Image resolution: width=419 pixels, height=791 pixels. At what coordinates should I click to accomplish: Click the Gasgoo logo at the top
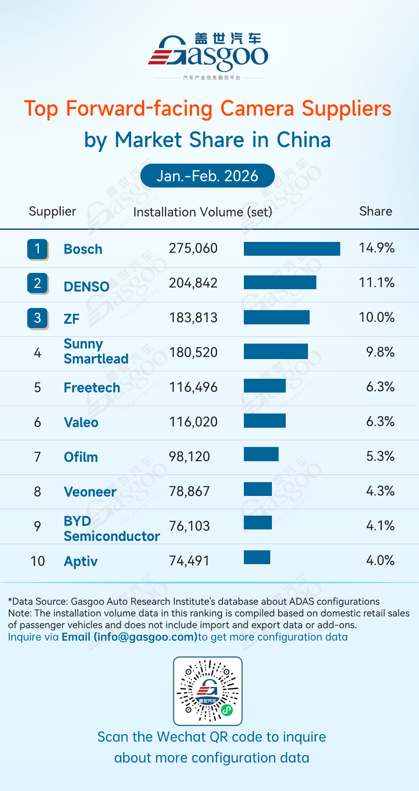coord(208,54)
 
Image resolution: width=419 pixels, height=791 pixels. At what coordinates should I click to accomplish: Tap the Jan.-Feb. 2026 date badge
coord(207,176)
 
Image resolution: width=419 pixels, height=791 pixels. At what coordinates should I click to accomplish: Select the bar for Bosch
coord(292,249)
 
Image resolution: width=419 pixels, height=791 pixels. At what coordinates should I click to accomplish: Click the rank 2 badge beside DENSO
coord(38,283)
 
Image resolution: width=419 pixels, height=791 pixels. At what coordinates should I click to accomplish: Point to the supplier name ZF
coord(72,319)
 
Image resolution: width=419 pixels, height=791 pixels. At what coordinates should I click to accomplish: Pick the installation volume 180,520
coord(193,352)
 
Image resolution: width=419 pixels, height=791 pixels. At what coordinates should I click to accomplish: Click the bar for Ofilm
coord(261,454)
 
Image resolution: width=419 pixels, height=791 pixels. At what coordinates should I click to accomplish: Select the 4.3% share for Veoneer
coord(380,491)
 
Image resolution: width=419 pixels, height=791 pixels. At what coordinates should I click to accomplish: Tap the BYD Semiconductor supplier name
coord(111,529)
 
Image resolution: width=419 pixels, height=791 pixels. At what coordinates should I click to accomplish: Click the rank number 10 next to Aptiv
coord(38,561)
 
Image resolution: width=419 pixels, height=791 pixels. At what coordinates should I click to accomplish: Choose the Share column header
coord(375,211)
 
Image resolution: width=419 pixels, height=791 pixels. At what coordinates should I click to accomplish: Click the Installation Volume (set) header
coord(202,212)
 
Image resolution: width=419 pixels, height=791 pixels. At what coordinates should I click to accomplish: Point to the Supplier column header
coord(52,211)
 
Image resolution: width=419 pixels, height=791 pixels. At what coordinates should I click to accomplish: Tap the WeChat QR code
coord(208,691)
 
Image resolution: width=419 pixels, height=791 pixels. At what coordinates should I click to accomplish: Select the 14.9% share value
coord(376,248)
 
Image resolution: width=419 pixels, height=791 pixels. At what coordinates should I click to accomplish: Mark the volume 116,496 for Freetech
coord(193,387)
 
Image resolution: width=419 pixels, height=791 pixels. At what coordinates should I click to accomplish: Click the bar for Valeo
coord(264,421)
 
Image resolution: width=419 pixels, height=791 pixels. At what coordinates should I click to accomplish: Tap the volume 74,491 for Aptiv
coord(189,561)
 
